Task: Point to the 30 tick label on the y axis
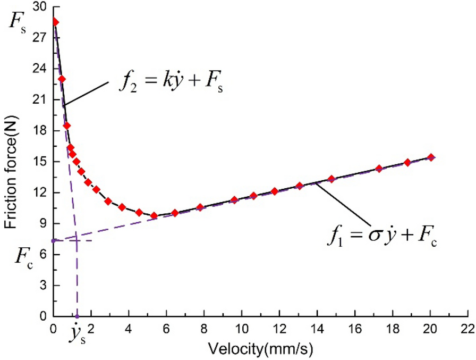39,7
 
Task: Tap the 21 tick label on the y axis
39,100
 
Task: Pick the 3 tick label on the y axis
42,286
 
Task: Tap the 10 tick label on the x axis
242,327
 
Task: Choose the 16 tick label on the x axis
355,327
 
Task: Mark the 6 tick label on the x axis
166,327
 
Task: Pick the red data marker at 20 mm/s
431,157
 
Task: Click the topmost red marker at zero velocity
55,22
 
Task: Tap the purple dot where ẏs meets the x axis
78,316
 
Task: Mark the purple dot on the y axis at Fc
53,240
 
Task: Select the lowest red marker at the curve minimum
154,216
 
